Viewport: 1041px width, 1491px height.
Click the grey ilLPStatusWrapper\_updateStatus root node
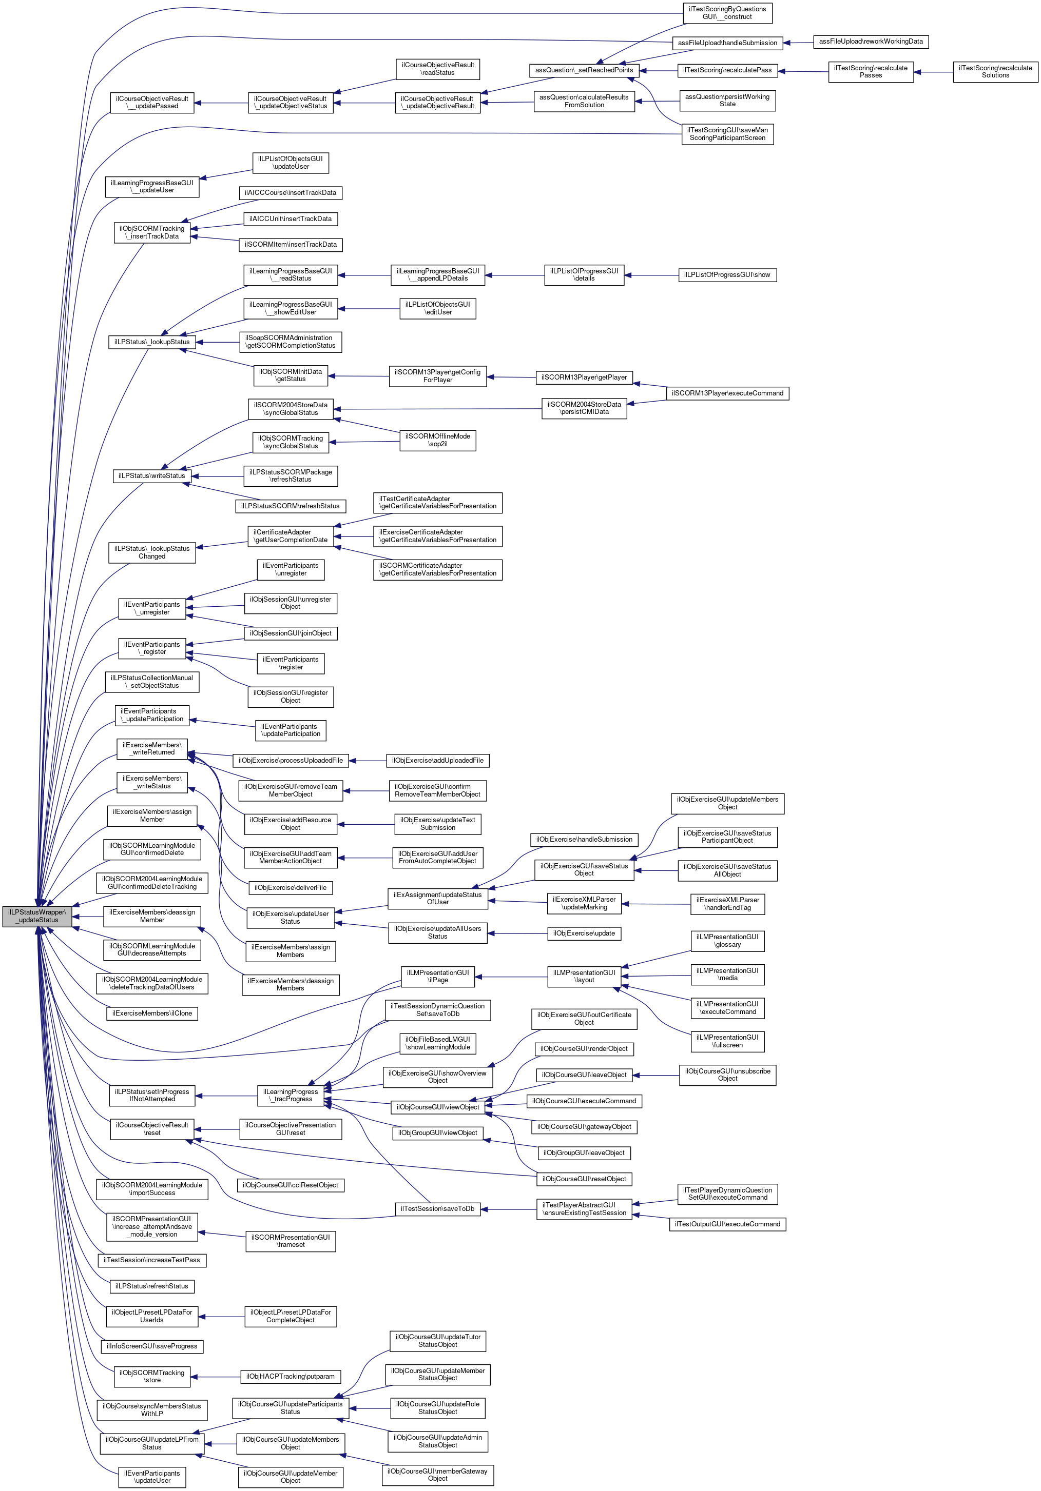pyautogui.click(x=37, y=916)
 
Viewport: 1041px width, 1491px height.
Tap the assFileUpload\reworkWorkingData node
pyautogui.click(x=870, y=42)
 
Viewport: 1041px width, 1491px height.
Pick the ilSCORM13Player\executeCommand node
pyautogui.click(x=727, y=393)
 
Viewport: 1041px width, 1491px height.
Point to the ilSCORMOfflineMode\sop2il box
pyautogui.click(x=437, y=440)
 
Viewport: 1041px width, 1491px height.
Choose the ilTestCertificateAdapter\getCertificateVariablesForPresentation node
pyautogui.click(x=437, y=503)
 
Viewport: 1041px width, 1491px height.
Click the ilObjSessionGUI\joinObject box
pyautogui.click(x=291, y=633)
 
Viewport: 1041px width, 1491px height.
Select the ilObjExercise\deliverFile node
pyautogui.click(x=291, y=887)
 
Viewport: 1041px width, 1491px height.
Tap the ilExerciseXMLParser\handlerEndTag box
pyautogui.click(x=727, y=903)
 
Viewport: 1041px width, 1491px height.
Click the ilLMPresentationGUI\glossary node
pyautogui.click(x=727, y=940)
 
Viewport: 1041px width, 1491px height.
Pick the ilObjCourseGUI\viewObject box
pyautogui.click(x=437, y=1106)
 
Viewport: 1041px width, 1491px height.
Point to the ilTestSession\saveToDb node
pyautogui.click(x=437, y=1208)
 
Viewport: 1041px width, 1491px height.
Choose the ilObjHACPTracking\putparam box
pyautogui.click(x=291, y=1376)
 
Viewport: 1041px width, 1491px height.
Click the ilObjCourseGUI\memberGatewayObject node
pyautogui.click(x=437, y=1474)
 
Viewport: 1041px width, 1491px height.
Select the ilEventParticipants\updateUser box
pyautogui.click(x=152, y=1477)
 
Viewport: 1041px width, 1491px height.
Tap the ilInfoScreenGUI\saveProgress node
pyautogui.click(x=152, y=1346)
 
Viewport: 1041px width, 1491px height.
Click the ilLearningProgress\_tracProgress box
pyautogui.click(x=291, y=1095)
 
